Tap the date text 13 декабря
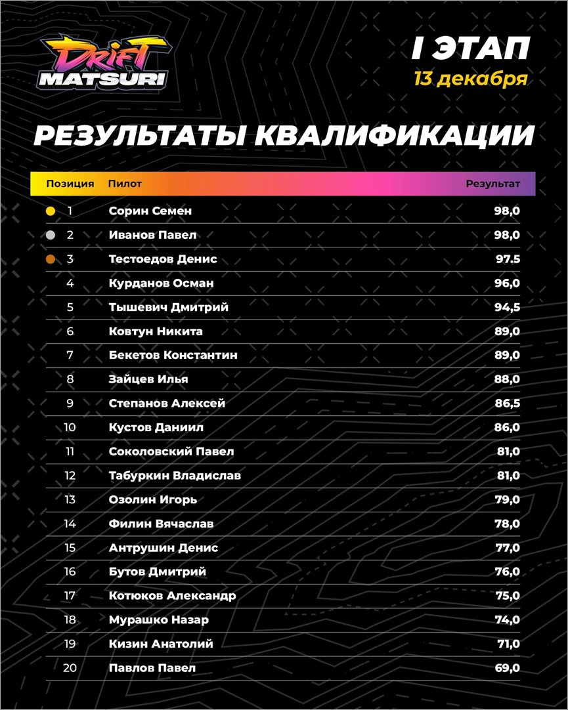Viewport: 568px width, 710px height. (470, 79)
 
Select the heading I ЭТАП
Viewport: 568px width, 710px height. (470, 49)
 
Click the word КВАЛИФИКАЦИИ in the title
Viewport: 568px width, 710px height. (393, 135)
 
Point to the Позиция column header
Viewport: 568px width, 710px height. (70, 184)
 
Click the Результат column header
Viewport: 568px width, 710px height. (492, 184)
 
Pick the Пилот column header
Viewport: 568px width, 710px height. (125, 184)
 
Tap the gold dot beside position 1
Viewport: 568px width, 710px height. (51, 211)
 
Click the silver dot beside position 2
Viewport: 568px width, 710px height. (51, 236)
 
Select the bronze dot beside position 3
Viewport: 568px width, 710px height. (51, 260)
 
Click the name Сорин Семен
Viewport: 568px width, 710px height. (150, 211)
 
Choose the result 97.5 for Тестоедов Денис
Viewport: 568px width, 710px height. (508, 259)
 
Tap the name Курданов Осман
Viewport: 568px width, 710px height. (161, 283)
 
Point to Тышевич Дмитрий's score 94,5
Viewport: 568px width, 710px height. (508, 307)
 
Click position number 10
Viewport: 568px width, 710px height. (70, 427)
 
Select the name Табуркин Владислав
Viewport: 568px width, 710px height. (175, 475)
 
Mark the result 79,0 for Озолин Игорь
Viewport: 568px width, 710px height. (508, 499)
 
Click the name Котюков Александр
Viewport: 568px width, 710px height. (172, 596)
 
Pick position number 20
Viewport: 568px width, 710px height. (70, 668)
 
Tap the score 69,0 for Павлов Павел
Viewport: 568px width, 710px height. (508, 668)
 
